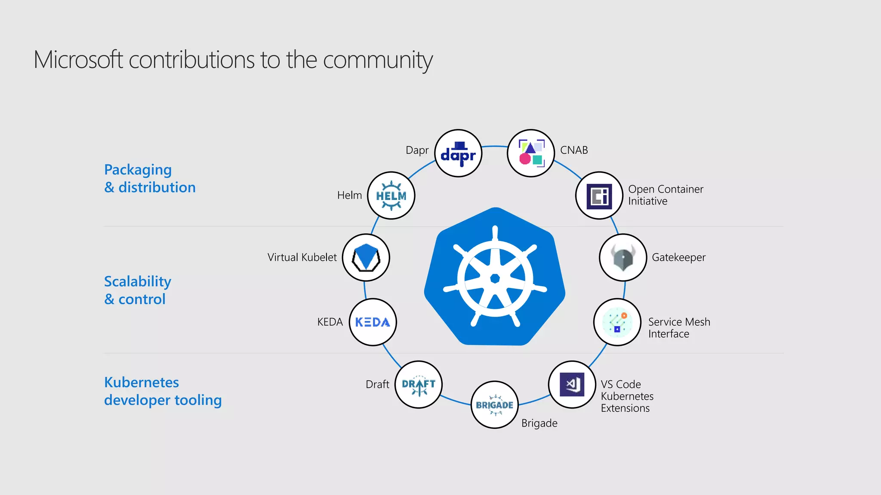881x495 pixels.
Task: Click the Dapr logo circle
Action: pyautogui.click(x=458, y=153)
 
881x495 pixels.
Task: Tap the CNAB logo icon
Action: pyautogui.click(x=531, y=153)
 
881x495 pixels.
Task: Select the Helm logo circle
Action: pyautogui.click(x=391, y=196)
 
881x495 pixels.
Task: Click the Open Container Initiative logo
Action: pyautogui.click(x=599, y=196)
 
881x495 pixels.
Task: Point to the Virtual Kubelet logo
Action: pyautogui.click(x=366, y=258)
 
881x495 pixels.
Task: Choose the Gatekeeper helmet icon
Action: pyautogui.click(x=623, y=258)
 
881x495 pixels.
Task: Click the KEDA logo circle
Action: pyautogui.click(x=373, y=322)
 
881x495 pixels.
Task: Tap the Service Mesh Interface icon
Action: pyautogui.click(x=617, y=322)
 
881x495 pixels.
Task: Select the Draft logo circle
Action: pyautogui.click(x=419, y=385)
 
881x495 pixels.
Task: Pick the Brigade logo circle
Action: pyautogui.click(x=495, y=405)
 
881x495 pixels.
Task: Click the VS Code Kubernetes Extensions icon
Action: pyautogui.click(x=572, y=385)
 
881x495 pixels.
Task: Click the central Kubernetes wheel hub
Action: pyautogui.click(x=495, y=279)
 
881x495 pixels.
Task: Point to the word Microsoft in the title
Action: pyautogui.click(x=78, y=60)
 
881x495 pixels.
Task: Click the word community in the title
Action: pyautogui.click(x=377, y=60)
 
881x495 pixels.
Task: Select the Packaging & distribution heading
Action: pyautogui.click(x=150, y=178)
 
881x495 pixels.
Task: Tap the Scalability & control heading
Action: pyautogui.click(x=138, y=290)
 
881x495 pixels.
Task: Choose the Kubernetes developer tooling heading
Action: pyautogui.click(x=163, y=391)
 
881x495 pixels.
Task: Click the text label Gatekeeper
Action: pyautogui.click(x=678, y=257)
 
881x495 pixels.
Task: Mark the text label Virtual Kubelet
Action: pyautogui.click(x=302, y=257)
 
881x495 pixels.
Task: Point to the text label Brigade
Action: pyautogui.click(x=539, y=423)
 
